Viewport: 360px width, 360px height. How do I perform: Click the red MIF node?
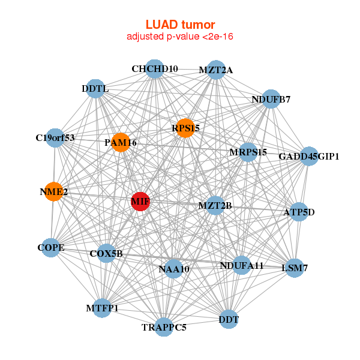click(x=140, y=202)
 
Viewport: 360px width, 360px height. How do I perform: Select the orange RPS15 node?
click(x=185, y=127)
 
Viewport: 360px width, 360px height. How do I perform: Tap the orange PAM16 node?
click(x=121, y=142)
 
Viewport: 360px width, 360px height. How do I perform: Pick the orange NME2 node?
click(x=53, y=192)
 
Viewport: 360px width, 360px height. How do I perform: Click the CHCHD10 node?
click(x=155, y=69)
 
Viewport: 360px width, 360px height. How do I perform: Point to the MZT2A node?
click(x=215, y=70)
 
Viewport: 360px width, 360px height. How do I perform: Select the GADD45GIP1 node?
click(x=309, y=157)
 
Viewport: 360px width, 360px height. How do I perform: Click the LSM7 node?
click(x=295, y=268)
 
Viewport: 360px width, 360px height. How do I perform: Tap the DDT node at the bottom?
click(x=229, y=319)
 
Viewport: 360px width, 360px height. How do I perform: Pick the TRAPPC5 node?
click(x=164, y=327)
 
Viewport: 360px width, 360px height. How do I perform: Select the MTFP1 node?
click(x=102, y=308)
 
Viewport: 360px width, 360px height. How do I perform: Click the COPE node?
click(x=50, y=247)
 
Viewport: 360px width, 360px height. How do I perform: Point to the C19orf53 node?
click(x=55, y=138)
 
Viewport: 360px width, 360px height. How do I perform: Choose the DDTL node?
click(x=95, y=89)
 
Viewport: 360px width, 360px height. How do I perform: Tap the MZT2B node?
click(x=215, y=206)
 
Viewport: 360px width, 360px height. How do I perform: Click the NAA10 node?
click(x=174, y=269)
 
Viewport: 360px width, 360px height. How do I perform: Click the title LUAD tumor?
click(x=180, y=25)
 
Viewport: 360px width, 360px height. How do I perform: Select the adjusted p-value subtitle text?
click(x=180, y=37)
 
